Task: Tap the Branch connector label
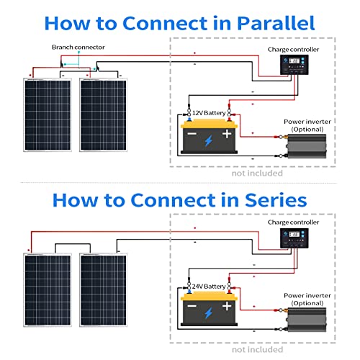(x=78, y=48)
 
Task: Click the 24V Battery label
(x=207, y=287)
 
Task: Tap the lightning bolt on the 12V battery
(x=209, y=140)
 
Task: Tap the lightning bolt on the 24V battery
(x=209, y=313)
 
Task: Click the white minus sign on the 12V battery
(x=192, y=134)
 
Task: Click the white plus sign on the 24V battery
(x=226, y=307)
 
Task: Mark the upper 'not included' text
(x=257, y=173)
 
